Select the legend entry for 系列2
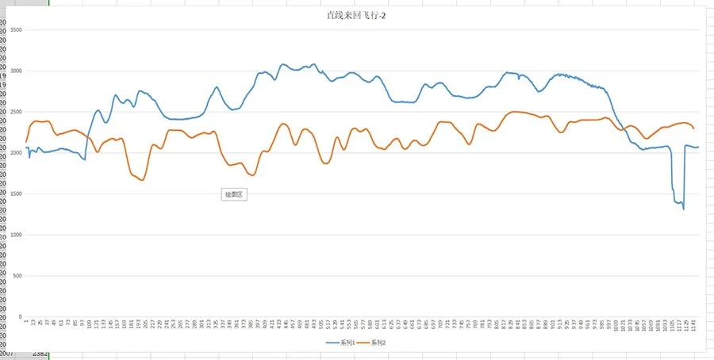[x=378, y=343]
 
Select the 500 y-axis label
[x=17, y=276]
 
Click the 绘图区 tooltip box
[x=234, y=194]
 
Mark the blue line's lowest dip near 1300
[x=683, y=209]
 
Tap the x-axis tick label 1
[x=26, y=322]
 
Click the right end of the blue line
[x=698, y=147]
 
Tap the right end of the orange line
[x=693, y=128]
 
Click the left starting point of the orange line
[x=26, y=142]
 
